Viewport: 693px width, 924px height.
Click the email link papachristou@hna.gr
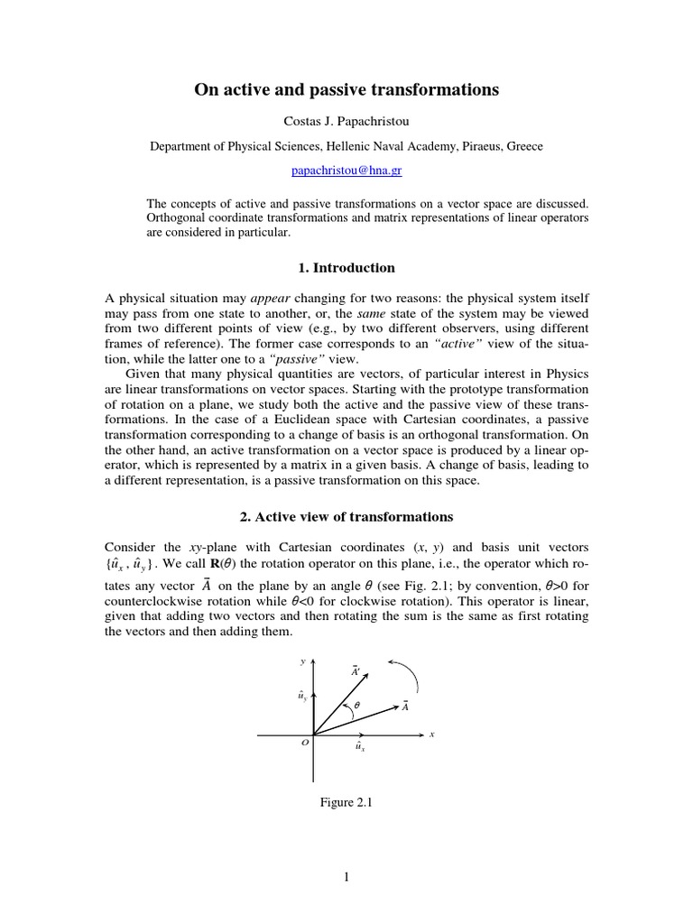[x=346, y=170]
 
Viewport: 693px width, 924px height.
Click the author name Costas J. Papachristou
[x=346, y=121]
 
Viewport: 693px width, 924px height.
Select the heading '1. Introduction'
[x=346, y=267]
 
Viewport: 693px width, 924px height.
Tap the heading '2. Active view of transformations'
[x=346, y=517]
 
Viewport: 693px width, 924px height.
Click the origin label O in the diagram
[x=305, y=743]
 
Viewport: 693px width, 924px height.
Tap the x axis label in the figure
[x=432, y=735]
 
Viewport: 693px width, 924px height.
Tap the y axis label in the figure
[x=302, y=661]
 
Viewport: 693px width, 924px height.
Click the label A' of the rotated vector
[x=355, y=670]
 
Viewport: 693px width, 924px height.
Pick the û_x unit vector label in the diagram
[x=359, y=748]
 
